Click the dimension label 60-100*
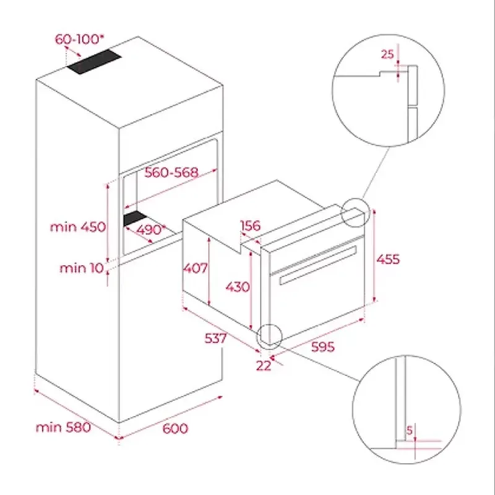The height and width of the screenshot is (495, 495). click(x=79, y=39)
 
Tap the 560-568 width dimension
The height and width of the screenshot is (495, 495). click(x=171, y=173)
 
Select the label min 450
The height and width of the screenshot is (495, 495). click(x=78, y=226)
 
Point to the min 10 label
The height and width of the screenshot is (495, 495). click(x=82, y=268)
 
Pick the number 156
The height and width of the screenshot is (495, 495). click(x=251, y=226)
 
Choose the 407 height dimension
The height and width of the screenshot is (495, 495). click(x=196, y=268)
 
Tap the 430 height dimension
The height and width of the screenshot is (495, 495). click(x=238, y=287)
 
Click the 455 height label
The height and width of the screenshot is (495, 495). click(x=388, y=259)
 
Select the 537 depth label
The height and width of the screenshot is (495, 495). click(x=215, y=338)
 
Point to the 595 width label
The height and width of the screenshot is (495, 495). click(x=322, y=346)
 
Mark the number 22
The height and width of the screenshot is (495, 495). click(x=264, y=366)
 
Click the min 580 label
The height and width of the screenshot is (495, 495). click(x=63, y=427)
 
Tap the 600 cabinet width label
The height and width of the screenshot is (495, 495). click(x=175, y=428)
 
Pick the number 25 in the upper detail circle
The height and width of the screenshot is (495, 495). click(x=387, y=54)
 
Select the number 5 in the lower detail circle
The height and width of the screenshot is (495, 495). click(x=410, y=430)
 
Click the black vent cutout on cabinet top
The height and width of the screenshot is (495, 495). click(x=94, y=61)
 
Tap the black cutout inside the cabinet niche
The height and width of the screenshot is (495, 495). click(x=135, y=218)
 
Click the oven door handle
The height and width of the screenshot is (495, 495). click(x=318, y=265)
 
